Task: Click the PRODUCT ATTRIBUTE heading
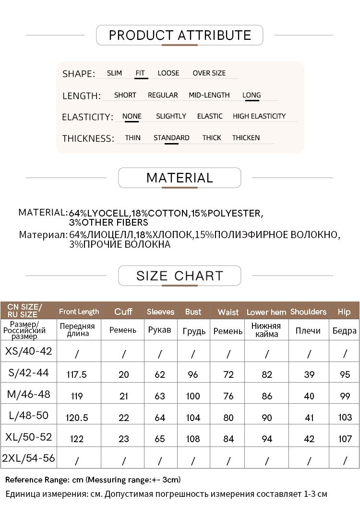coord(180,36)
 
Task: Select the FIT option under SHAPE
coord(140,73)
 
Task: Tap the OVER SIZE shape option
coord(209,73)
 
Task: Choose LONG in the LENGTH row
coord(252,95)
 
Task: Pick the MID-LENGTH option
coord(209,95)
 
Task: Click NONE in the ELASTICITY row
coord(132,116)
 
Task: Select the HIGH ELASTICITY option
coord(259,116)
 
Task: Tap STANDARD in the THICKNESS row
coord(171,138)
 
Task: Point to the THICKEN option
coord(246,138)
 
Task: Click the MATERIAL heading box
coord(180,178)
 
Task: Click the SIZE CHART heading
coord(180,276)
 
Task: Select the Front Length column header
coord(79,312)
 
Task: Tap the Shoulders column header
coord(308,312)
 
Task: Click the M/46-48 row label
coord(28,395)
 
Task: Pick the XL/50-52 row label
coord(28,437)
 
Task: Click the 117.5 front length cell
coord(77,374)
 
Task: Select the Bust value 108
coord(193,439)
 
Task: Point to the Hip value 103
coord(345,417)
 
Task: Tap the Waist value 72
coord(228,374)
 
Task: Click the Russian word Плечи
coord(308,331)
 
